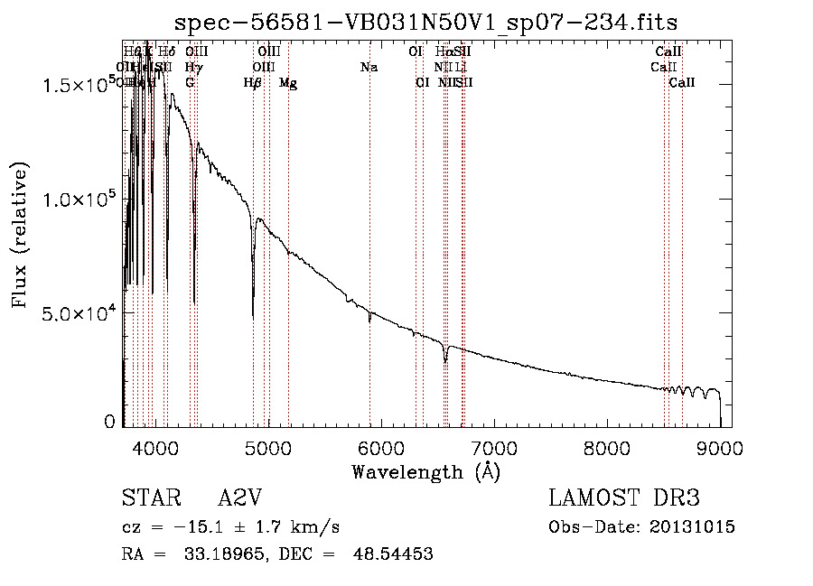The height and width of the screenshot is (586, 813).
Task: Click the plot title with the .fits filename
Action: pyautogui.click(x=425, y=22)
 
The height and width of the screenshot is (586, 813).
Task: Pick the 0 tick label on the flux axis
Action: pyautogui.click(x=110, y=421)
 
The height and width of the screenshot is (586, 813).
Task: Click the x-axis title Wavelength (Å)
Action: pyautogui.click(x=425, y=471)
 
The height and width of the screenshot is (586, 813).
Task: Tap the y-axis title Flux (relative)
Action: pyautogui.click(x=21, y=237)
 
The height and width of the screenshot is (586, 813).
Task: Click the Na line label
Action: pyautogui.click(x=369, y=68)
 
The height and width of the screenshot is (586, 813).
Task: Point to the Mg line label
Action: pyautogui.click(x=288, y=83)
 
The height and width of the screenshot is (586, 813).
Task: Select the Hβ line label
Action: pyautogui.click(x=253, y=83)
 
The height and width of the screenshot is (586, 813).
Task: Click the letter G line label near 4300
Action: pyautogui.click(x=190, y=83)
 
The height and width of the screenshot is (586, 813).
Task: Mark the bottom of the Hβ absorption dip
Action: pyautogui.click(x=253, y=315)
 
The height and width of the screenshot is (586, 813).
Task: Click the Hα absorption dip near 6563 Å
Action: pyautogui.click(x=445, y=361)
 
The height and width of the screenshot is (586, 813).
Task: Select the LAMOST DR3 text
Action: pyautogui.click(x=624, y=498)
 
